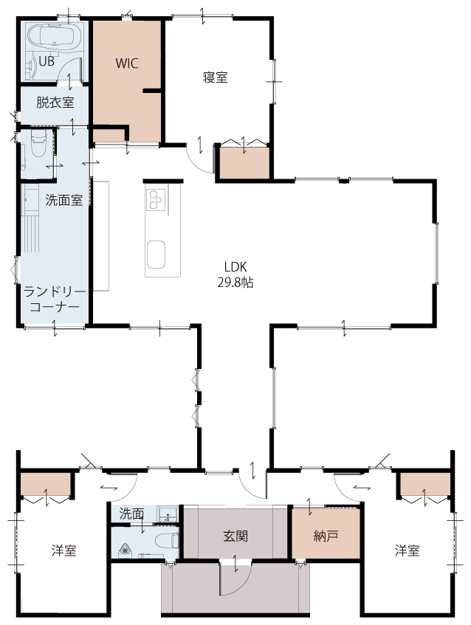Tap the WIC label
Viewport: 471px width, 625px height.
127,63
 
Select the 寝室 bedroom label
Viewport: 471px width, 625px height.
216,77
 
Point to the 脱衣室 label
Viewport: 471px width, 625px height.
55,103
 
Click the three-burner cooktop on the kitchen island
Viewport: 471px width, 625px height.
156,199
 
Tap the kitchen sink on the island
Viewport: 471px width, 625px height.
156,255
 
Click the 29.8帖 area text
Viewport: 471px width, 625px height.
235,283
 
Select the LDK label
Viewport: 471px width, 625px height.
235,266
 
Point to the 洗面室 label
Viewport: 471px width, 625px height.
63,200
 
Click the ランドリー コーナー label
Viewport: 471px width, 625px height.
55,300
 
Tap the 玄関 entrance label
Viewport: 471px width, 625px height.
235,536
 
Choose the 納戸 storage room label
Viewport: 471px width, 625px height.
326,536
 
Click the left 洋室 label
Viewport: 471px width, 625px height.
63,550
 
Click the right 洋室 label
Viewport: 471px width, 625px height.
408,550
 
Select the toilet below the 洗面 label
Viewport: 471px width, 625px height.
170,542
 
